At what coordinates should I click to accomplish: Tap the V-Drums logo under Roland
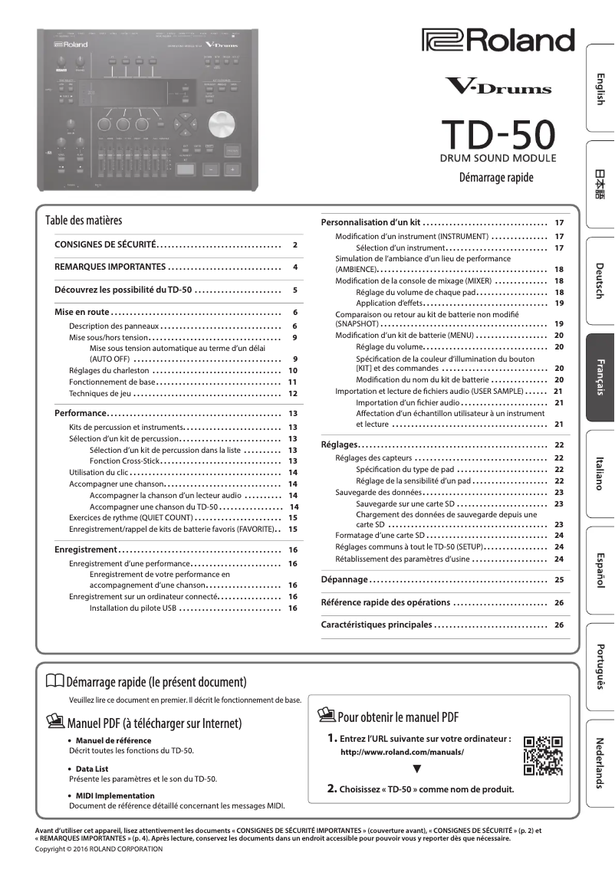pos(498,87)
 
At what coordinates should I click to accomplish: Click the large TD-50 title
pos(496,135)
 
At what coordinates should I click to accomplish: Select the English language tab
pos(600,90)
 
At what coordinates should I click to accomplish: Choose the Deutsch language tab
pos(600,281)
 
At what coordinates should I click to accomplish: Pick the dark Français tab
pos(600,377)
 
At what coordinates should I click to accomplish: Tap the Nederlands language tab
pos(600,762)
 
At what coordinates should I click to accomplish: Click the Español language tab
pos(600,570)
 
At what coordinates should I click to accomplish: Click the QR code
pos(542,756)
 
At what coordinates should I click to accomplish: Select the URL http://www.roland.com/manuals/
pos(402,753)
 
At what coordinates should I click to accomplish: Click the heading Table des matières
pos(84,221)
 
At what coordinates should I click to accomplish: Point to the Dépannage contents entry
pos(344,580)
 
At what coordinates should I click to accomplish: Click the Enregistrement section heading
pos(85,550)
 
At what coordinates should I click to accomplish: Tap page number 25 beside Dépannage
pos(559,580)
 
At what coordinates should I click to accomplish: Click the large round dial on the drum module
pos(221,124)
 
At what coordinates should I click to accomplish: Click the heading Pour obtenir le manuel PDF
pos(397,717)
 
